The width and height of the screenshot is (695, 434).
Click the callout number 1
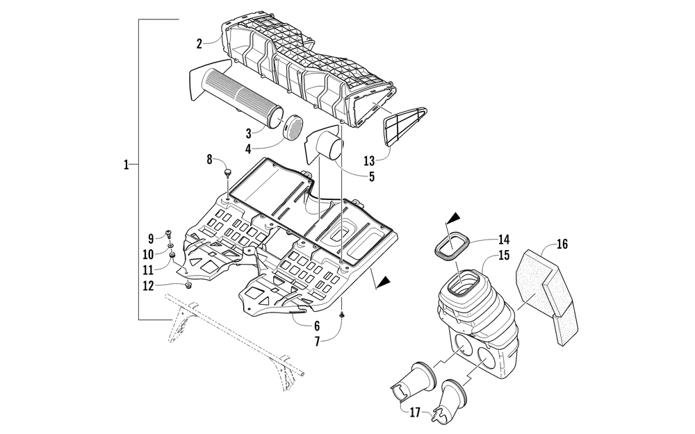(126, 165)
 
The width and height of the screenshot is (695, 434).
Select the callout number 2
(199, 44)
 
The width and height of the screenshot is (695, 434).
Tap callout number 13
(369, 161)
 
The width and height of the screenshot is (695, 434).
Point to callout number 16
(562, 244)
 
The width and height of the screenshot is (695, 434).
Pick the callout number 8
(209, 160)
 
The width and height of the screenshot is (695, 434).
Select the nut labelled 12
(188, 283)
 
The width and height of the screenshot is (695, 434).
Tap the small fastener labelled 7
(343, 315)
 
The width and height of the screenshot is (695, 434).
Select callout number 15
(503, 256)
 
